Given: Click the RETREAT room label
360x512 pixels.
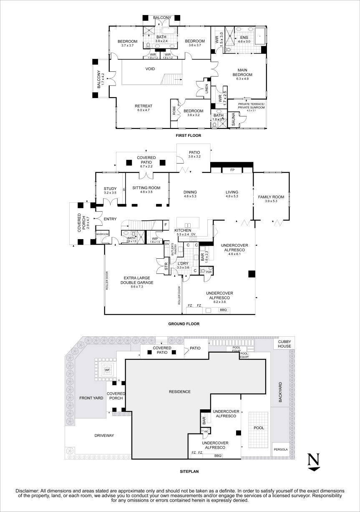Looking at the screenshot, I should click(143, 108).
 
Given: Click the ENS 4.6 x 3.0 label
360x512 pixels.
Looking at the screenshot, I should click(244, 40).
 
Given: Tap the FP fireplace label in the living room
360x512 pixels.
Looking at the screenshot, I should click(232, 170).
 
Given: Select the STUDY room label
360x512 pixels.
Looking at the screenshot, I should click(110, 191).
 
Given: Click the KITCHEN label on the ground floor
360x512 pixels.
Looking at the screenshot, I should click(183, 230).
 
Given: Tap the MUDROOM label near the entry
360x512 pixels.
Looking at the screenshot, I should click(102, 235).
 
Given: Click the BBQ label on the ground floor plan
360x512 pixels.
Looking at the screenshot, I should click(223, 310).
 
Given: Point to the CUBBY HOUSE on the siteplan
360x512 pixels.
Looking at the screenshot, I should click(284, 343).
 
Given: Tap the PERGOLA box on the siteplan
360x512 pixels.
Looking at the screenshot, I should click(280, 449).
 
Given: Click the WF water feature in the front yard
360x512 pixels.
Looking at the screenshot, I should click(107, 369).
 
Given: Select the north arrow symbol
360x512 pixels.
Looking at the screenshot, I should click(314, 462).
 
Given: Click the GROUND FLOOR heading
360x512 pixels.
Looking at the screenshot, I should click(184, 324).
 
